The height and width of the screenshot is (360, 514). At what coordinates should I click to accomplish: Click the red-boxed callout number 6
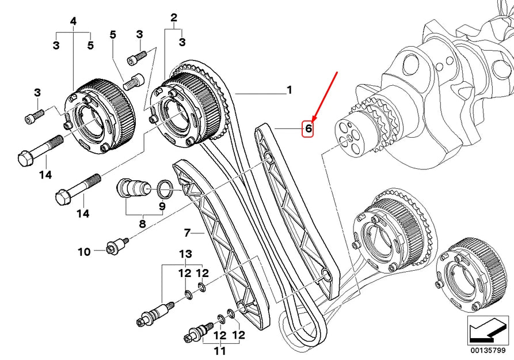(x=309, y=129)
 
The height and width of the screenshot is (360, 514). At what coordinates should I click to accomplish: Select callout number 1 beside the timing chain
(x=290, y=90)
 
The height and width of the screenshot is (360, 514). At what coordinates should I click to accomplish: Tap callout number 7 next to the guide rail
(x=186, y=233)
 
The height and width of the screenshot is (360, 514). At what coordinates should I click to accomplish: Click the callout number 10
(x=84, y=251)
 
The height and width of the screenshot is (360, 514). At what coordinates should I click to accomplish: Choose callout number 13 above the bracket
(x=184, y=254)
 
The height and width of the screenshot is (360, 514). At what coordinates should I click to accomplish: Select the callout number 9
(x=162, y=206)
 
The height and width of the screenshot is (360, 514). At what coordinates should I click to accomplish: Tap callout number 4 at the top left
(x=73, y=21)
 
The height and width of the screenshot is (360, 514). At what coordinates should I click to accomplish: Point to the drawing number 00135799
(x=489, y=349)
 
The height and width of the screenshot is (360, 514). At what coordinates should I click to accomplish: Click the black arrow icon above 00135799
(x=488, y=329)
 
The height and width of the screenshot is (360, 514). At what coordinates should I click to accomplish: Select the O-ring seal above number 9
(x=164, y=186)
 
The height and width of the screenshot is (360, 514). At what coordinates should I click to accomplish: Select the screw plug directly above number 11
(x=199, y=332)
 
